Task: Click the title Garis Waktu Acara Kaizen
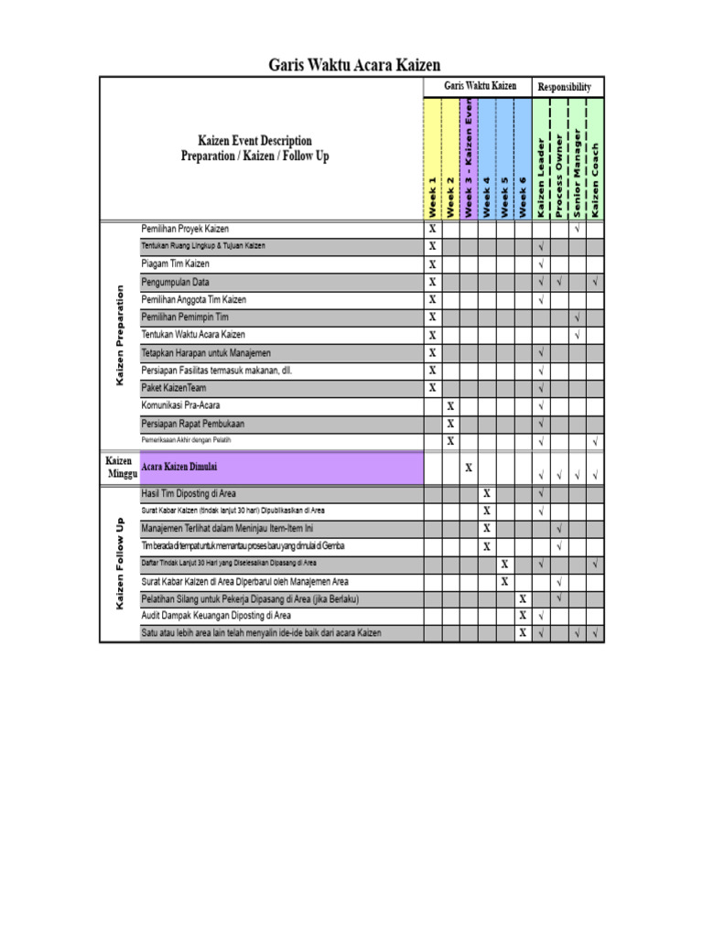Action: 353,65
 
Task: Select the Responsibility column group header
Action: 568,87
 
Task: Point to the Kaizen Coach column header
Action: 595,180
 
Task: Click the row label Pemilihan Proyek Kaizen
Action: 185,229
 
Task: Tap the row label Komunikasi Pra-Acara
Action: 180,405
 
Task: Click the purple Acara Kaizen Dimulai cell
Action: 281,468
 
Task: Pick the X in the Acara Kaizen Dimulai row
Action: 469,468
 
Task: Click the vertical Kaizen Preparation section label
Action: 119,335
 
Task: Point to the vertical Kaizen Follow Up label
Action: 119,563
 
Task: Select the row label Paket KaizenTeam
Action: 174,388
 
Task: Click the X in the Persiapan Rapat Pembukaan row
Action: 450,424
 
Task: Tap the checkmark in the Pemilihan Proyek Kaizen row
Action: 577,229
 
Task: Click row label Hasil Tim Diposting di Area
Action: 189,494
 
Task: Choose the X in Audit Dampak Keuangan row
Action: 523,616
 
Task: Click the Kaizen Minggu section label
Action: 119,468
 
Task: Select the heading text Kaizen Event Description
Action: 254,141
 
